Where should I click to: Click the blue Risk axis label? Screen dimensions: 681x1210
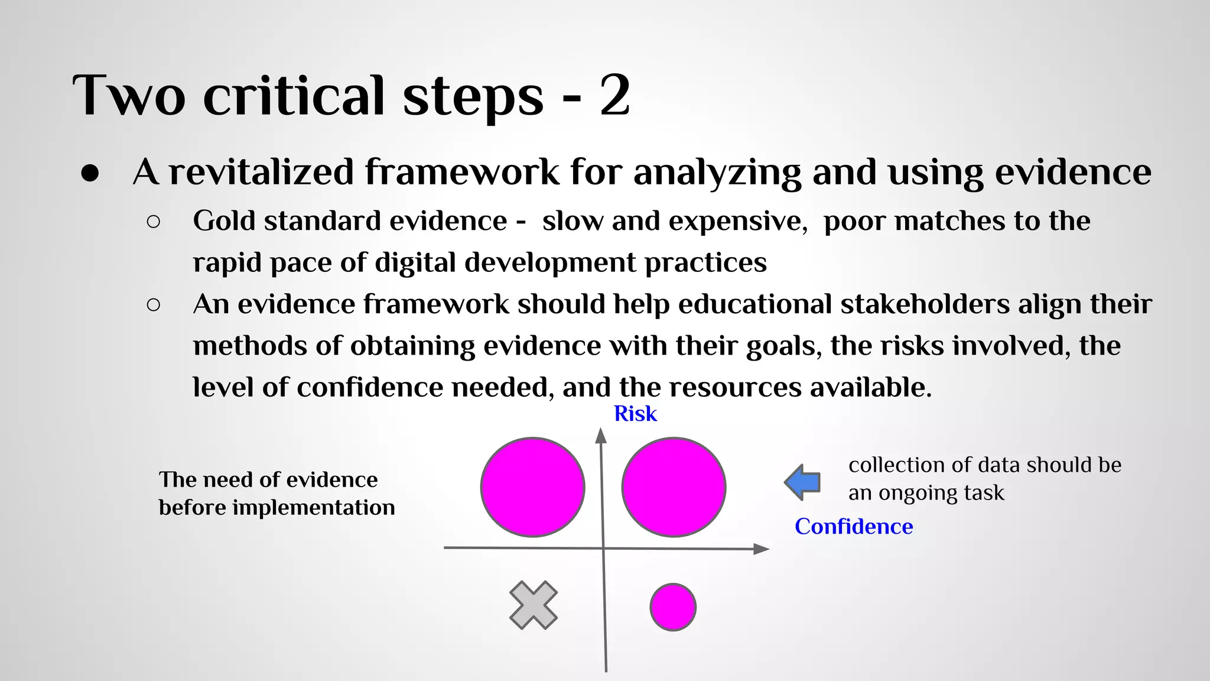tap(635, 414)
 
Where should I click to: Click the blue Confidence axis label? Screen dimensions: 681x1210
tap(853, 526)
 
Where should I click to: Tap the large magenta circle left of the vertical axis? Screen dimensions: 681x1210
tap(532, 487)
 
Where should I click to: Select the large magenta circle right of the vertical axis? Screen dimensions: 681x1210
tap(674, 487)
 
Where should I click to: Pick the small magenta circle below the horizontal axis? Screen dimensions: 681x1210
tap(672, 607)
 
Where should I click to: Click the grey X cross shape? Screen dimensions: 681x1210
tap(534, 605)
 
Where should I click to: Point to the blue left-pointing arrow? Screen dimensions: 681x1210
tap(802, 482)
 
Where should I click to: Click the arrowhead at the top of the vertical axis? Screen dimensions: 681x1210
tap(601, 436)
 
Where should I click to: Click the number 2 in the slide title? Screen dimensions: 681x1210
tap(614, 96)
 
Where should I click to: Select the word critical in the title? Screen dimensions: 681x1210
tap(294, 96)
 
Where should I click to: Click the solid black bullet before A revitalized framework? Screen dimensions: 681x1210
tap(90, 173)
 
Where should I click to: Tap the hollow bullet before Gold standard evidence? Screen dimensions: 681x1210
tap(153, 222)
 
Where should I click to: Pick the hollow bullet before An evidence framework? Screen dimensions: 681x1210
tap(153, 305)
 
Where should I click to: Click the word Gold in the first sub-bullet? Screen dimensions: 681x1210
tap(224, 221)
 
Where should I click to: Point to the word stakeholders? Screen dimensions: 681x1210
tap(925, 304)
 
